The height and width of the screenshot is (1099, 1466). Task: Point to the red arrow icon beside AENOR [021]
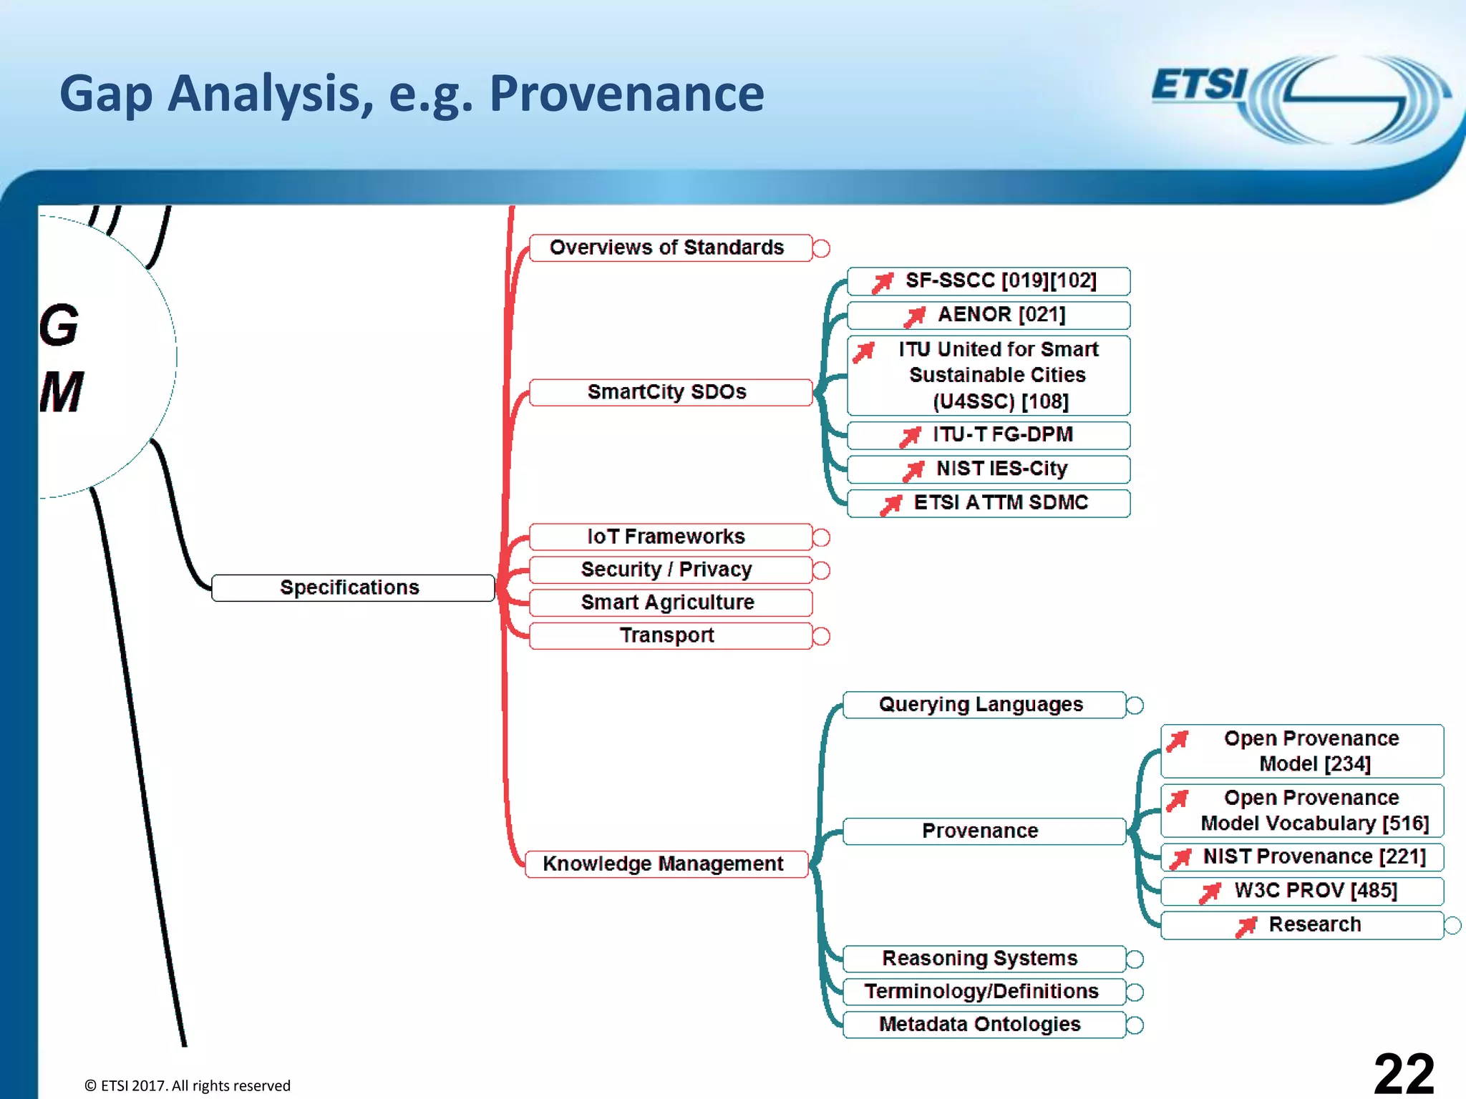pos(914,316)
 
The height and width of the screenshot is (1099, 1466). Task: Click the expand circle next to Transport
pos(822,636)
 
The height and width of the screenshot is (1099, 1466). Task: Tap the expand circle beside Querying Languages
pos(1135,705)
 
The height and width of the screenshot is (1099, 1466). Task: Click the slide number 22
pos(1403,1073)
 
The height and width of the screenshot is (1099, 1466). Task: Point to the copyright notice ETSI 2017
pos(188,1085)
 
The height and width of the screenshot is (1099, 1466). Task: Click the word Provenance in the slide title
pos(626,94)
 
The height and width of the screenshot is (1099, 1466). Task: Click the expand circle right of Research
pos(1452,925)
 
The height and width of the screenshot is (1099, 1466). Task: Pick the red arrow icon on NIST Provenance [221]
pos(1180,858)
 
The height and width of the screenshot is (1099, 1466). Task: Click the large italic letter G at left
pos(59,325)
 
